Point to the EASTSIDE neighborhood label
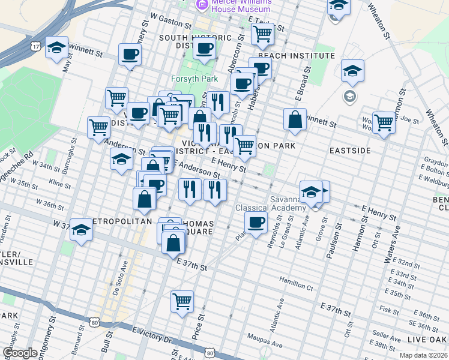349,150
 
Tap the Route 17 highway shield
37,46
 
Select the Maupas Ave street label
267,345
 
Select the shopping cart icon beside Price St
182,301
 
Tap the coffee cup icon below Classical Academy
256,223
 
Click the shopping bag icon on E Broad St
295,119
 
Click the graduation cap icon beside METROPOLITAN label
80,229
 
